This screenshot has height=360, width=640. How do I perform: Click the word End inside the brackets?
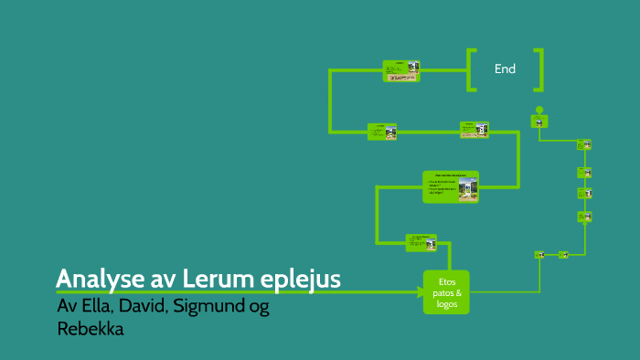505,69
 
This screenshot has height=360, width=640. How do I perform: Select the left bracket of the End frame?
472,69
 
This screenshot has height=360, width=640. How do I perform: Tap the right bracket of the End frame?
539,69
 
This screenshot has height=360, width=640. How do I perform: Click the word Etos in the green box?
446,281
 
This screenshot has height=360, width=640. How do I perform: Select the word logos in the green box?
446,303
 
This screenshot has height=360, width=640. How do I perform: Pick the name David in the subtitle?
144,307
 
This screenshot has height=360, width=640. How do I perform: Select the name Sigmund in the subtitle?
208,307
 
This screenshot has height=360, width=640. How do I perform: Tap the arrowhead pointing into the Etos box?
418,292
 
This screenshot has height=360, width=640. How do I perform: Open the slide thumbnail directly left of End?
400,71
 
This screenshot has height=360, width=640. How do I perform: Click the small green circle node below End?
539,108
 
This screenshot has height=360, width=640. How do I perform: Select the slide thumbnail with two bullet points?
451,185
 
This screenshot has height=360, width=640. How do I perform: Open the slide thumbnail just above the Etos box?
421,242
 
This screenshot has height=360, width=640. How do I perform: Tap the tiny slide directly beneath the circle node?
539,122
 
